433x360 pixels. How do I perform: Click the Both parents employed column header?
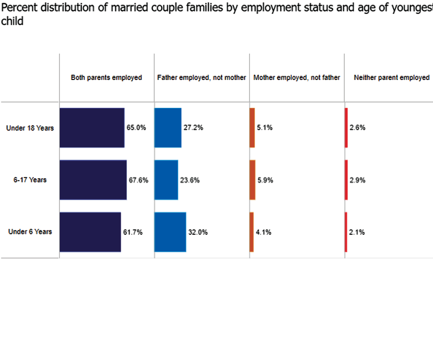point(106,78)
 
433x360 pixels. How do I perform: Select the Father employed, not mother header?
point(202,78)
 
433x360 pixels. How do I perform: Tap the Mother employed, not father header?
point(297,78)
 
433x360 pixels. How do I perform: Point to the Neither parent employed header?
point(392,78)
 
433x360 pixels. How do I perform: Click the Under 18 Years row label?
point(30,128)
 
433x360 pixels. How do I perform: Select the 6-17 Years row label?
point(30,180)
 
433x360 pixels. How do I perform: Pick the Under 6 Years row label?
point(30,232)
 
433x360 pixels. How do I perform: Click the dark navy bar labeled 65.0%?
point(92,128)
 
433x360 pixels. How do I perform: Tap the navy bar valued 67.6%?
point(93,180)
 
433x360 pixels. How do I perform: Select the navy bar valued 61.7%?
point(90,232)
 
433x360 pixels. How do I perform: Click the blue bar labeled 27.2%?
point(168,128)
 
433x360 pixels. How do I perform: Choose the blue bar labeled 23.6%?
point(166,180)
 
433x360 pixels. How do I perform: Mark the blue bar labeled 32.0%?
point(170,232)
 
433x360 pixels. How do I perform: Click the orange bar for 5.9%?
point(252,180)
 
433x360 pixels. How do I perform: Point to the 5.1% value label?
point(264,128)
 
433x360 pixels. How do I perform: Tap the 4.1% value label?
point(263,232)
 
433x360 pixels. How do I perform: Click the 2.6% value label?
point(357,128)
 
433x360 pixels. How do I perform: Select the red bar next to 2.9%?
point(346,180)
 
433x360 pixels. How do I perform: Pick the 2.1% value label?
point(357,232)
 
